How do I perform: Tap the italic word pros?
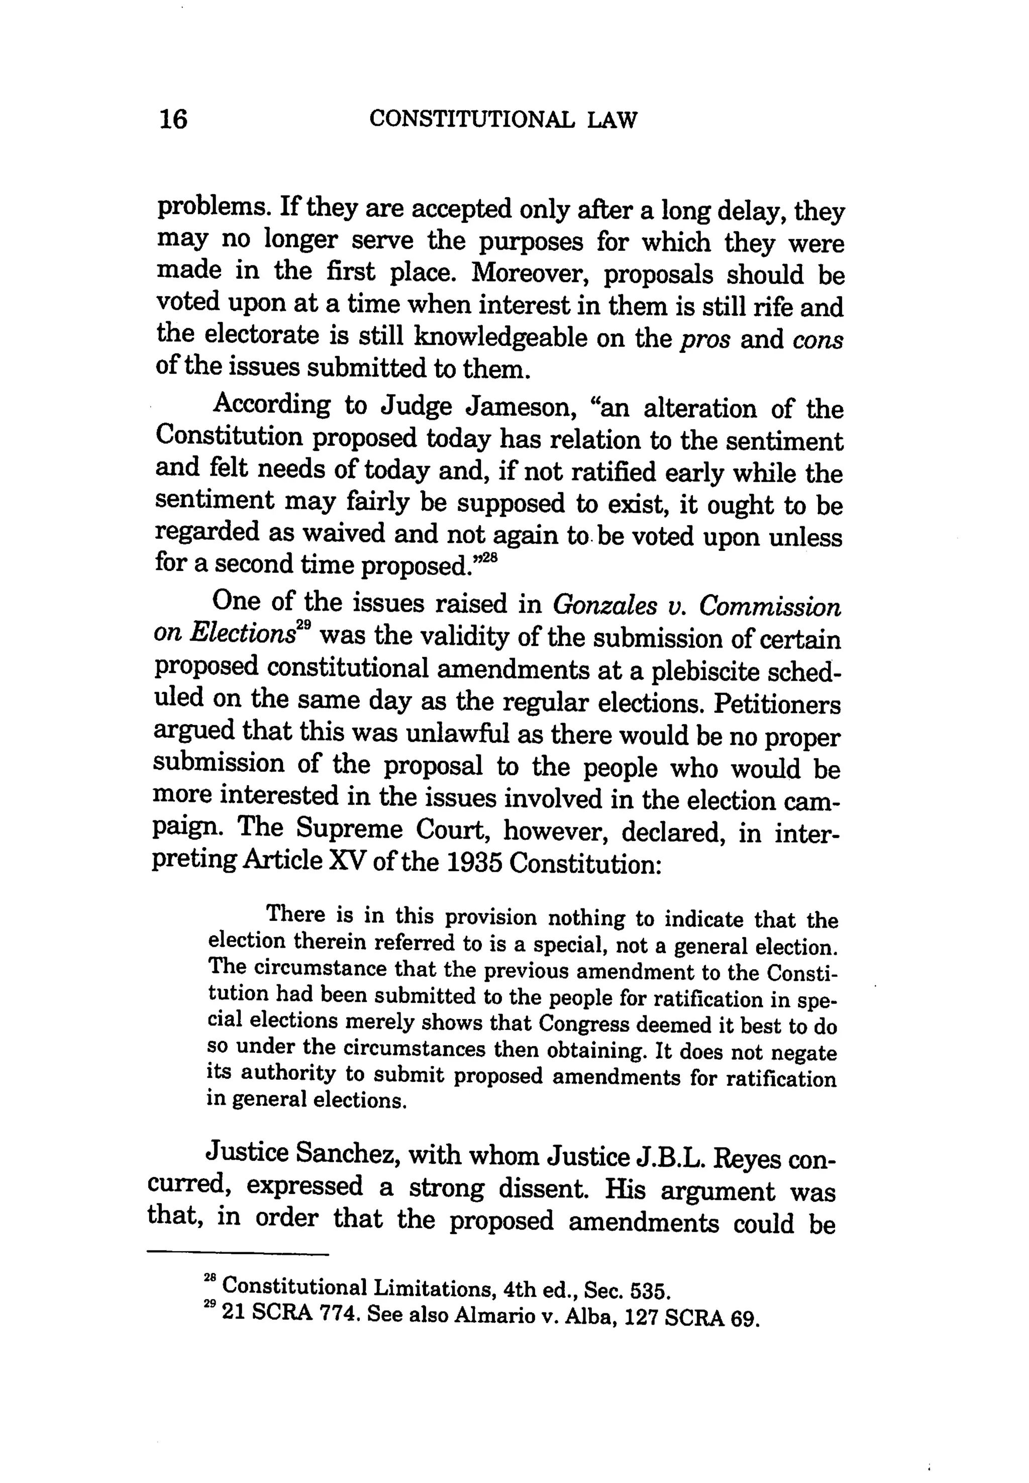(706, 339)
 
